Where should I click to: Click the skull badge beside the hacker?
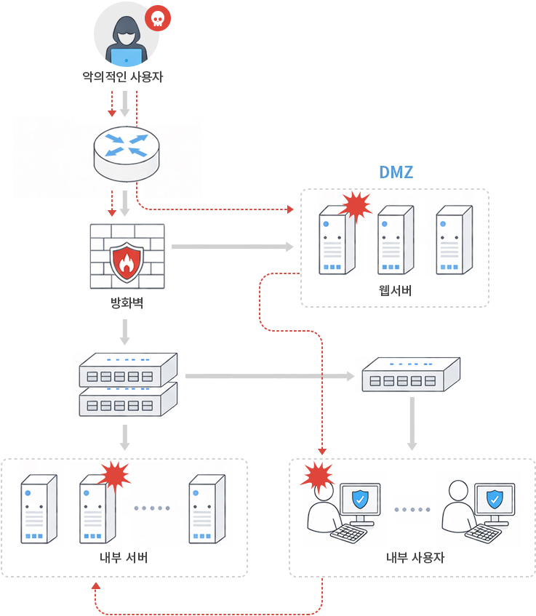(158, 19)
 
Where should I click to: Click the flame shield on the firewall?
(127, 262)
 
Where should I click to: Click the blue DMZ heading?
(396, 172)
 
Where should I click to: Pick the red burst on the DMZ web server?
(356, 207)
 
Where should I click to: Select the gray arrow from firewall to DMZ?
(232, 247)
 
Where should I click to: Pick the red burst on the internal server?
(113, 476)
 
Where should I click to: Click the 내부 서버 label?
(124, 559)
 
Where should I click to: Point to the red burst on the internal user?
(317, 476)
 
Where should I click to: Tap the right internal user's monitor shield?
(495, 500)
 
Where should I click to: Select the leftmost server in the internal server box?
(39, 509)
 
